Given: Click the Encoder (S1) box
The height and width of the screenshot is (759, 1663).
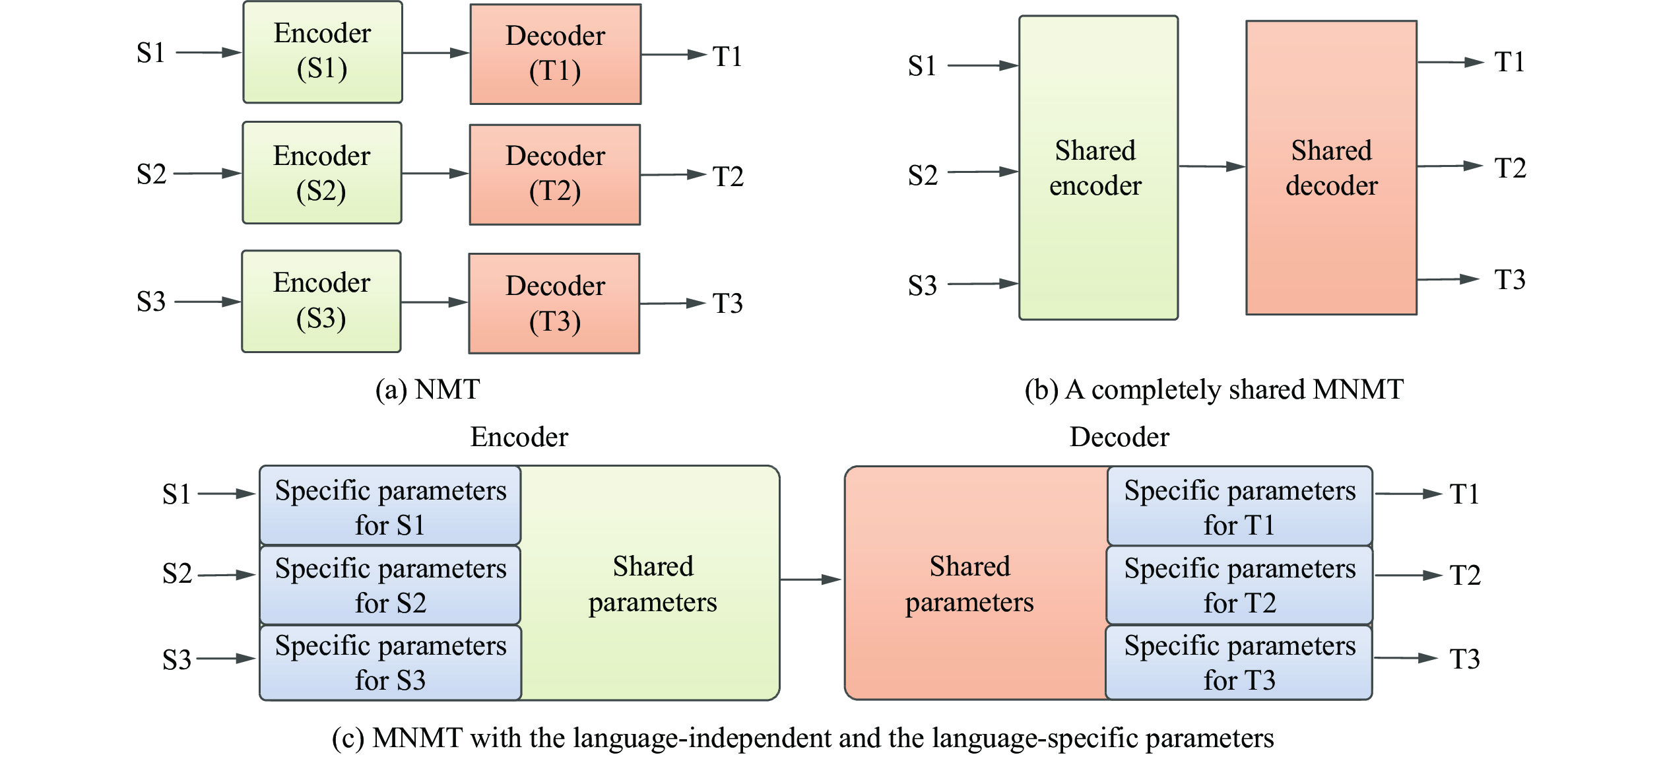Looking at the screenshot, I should coord(322,51).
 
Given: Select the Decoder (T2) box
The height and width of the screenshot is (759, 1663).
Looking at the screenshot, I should coord(555,174).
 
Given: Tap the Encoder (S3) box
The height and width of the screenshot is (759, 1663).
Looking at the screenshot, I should coord(321,301).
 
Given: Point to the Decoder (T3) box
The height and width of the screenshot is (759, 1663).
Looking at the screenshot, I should coord(554,304).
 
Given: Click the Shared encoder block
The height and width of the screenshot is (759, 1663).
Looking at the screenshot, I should coord(1098,168).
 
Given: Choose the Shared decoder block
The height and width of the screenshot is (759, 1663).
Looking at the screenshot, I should coord(1331,168).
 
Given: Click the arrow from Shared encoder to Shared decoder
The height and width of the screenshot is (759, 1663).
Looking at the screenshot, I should coord(1212,166).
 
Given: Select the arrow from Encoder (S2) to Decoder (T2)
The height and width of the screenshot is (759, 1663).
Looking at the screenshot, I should coord(435,174).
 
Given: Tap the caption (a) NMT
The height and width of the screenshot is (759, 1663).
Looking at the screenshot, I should coord(428,389).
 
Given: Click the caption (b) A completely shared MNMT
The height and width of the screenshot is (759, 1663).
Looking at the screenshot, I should coord(1214,389).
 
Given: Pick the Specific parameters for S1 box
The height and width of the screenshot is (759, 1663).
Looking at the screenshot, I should coord(390,506).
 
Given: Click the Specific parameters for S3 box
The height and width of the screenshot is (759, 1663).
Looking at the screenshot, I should coord(390,662).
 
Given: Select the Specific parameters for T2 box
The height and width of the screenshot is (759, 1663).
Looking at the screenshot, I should coord(1239,585).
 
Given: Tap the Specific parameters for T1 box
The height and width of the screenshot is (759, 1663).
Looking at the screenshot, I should coord(1239,506).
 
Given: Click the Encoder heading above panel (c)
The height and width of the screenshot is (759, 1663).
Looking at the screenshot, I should coord(519,437).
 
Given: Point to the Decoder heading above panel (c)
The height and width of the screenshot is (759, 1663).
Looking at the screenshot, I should coord(1119,437).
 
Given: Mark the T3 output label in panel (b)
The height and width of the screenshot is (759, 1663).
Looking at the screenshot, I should coord(1510,279).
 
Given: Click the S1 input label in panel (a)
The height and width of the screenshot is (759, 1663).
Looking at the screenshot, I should coord(150,53).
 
